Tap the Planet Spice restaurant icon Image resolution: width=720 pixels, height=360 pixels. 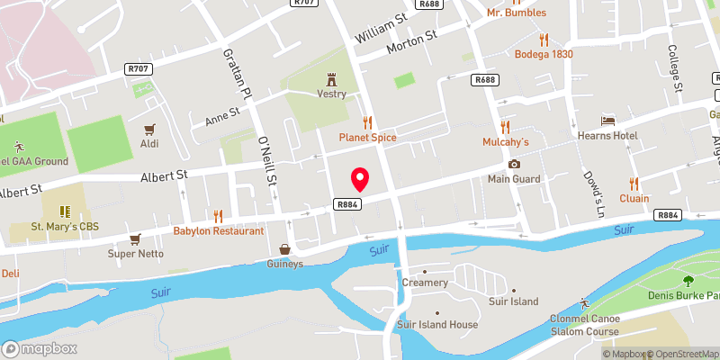(x=367, y=121)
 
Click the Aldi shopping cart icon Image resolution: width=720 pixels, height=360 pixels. (x=149, y=129)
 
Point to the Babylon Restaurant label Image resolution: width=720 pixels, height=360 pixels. (x=220, y=230)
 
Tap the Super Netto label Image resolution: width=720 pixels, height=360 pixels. (x=134, y=254)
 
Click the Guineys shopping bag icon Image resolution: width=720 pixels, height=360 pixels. (x=284, y=249)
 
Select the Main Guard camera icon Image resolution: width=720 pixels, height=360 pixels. (x=514, y=164)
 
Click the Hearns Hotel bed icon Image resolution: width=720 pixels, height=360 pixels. (x=608, y=120)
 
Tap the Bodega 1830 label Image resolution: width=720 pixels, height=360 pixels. (x=544, y=54)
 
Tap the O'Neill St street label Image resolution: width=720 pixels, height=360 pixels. (x=267, y=163)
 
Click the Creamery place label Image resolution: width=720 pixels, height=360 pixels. (x=425, y=283)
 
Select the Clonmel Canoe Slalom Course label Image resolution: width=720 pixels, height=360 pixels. (x=590, y=324)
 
